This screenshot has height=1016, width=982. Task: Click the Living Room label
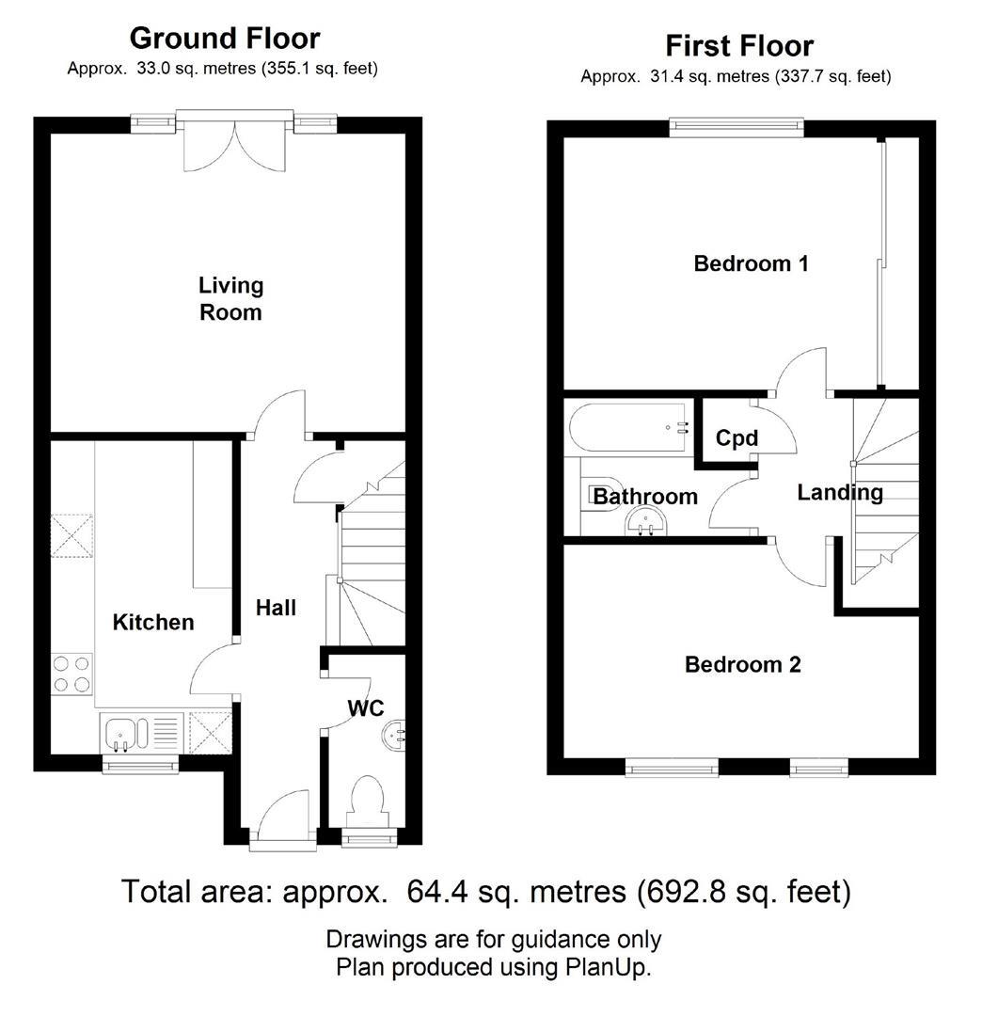click(230, 298)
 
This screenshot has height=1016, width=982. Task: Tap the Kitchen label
click(153, 622)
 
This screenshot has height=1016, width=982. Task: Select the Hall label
click(276, 608)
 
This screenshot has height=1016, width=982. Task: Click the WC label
click(366, 707)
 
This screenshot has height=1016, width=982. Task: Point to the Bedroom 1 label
click(751, 263)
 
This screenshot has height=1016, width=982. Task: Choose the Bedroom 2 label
click(742, 665)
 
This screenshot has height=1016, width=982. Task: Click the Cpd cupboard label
click(736, 438)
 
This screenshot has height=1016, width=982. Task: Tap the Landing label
click(840, 492)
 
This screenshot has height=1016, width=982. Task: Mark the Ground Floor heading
click(224, 39)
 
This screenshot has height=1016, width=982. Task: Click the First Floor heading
click(738, 45)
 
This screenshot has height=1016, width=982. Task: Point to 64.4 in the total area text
click(436, 890)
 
